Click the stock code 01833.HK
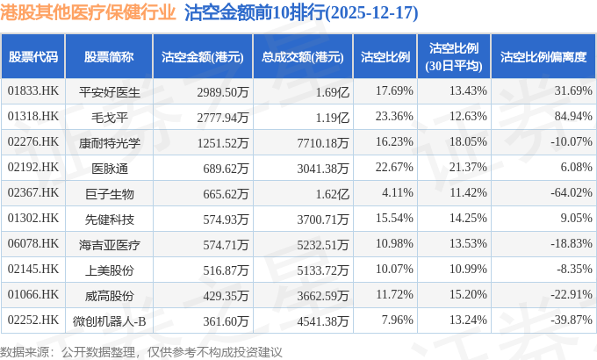point(32,90)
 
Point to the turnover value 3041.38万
point(322,167)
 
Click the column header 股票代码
point(33,56)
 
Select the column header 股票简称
point(109,56)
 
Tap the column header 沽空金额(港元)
point(203,56)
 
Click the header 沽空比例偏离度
point(543,56)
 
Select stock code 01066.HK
point(32,294)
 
